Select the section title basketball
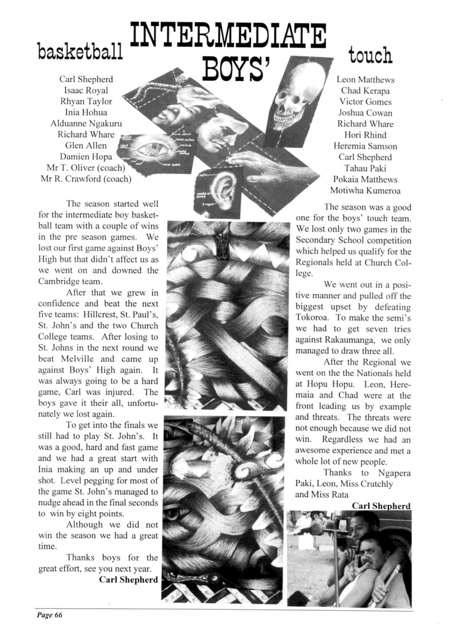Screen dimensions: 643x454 [80, 52]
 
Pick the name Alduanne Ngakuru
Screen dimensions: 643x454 [86, 124]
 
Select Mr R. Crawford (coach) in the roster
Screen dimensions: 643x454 [86, 179]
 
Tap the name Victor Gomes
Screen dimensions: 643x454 [365, 102]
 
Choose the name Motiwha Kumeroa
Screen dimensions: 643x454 [365, 190]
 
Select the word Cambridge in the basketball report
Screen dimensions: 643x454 [55, 281]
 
